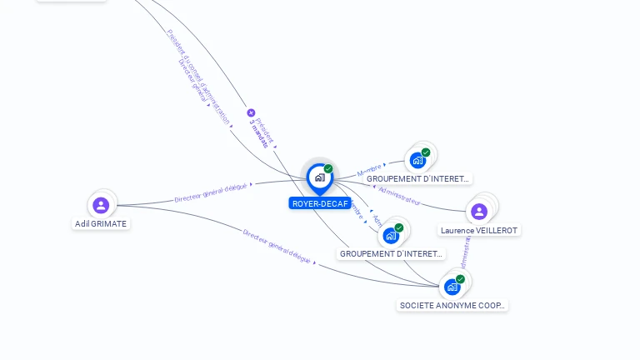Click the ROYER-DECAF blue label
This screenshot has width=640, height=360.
click(320, 203)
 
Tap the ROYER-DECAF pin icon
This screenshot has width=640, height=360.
click(319, 177)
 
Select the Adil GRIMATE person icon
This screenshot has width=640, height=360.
click(101, 204)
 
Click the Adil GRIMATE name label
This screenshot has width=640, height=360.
click(101, 223)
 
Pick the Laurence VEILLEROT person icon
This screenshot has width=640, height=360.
click(478, 211)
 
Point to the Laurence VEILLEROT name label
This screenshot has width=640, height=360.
click(479, 230)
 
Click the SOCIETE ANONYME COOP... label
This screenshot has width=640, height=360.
click(452, 305)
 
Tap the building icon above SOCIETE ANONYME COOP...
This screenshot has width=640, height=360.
click(452, 287)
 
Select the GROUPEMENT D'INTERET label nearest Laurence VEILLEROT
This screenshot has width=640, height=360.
click(418, 178)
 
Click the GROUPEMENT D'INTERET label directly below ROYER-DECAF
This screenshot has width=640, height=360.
click(392, 253)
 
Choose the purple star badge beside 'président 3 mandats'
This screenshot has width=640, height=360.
click(251, 112)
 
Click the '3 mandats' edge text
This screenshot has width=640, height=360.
click(259, 133)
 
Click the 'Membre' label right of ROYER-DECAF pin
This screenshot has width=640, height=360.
click(369, 169)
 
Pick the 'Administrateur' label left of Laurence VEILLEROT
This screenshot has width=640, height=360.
click(399, 195)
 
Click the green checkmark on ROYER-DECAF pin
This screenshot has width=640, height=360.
click(328, 169)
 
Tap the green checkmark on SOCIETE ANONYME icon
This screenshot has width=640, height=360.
click(460, 279)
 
